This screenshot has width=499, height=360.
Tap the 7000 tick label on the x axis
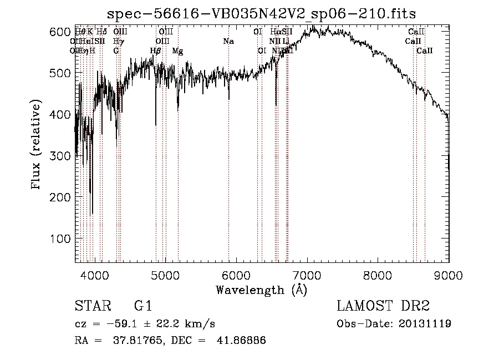point(307,275)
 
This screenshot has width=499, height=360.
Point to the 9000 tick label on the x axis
point(449,275)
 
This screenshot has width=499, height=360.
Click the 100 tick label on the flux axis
point(60,239)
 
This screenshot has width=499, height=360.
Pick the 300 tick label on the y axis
point(60,156)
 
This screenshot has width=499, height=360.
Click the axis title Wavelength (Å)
point(261,290)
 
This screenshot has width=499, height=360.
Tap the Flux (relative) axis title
point(37,145)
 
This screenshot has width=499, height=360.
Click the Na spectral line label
point(228,41)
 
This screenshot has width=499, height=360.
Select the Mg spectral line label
point(177,51)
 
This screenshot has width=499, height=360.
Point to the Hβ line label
point(156,51)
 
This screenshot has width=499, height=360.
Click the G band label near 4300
point(116,50)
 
